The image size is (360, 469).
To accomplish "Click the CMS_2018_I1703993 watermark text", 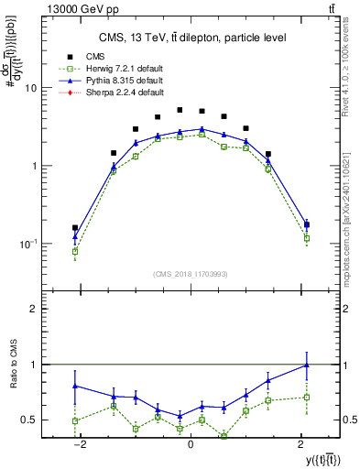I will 190,272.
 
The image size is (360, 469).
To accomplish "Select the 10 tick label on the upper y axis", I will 30,88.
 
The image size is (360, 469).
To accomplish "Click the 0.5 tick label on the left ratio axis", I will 28,420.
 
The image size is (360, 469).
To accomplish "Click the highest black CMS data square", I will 180,110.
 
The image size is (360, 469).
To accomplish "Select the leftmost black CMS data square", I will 75,227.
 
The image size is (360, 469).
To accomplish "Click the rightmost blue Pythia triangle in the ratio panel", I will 306,365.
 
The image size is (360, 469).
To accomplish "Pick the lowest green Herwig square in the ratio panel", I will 224,436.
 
